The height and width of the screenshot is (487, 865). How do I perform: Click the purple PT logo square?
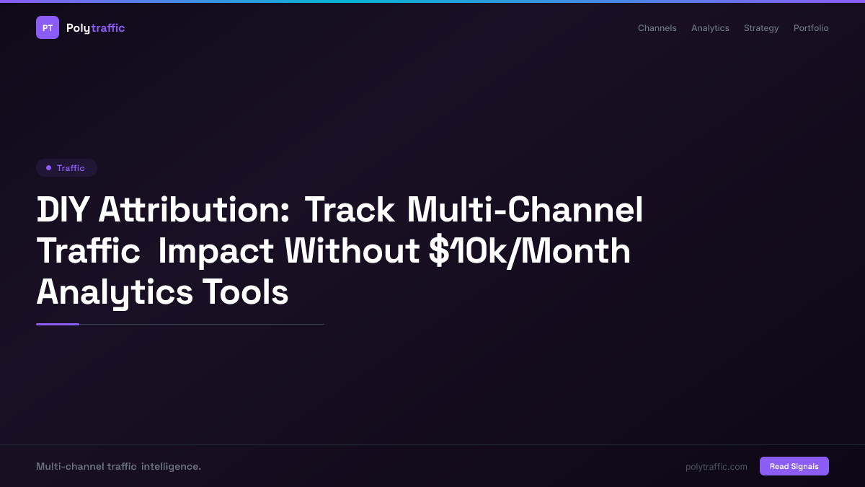pos(48,27)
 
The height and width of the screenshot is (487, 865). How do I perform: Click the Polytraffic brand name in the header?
pos(95,28)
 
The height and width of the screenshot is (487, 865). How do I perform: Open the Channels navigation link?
pos(657,28)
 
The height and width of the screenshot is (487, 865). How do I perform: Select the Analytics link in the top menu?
pos(710,28)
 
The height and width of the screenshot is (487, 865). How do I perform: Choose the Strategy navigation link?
pos(761,28)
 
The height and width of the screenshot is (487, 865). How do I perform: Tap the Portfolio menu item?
pos(811,28)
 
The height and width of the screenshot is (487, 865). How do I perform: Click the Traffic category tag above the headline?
pos(66,168)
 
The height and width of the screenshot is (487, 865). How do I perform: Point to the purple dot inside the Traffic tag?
pos(48,168)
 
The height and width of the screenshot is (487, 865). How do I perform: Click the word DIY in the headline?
pos(63,211)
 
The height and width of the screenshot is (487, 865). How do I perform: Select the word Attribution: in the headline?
pos(194,211)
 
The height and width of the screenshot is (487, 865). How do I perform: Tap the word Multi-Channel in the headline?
pos(525,211)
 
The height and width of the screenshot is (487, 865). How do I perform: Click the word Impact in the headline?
pos(216,252)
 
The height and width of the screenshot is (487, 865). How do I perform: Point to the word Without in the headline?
pos(352,252)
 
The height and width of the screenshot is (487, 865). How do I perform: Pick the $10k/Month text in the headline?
pos(529,252)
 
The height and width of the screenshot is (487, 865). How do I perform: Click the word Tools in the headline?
pos(245,293)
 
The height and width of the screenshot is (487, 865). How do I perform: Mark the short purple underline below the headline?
pos(58,325)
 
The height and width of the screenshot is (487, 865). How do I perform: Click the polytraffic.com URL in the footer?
pos(716,467)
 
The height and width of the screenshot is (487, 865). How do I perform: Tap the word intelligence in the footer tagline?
pos(171,467)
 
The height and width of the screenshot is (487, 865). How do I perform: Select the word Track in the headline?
pos(350,211)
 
